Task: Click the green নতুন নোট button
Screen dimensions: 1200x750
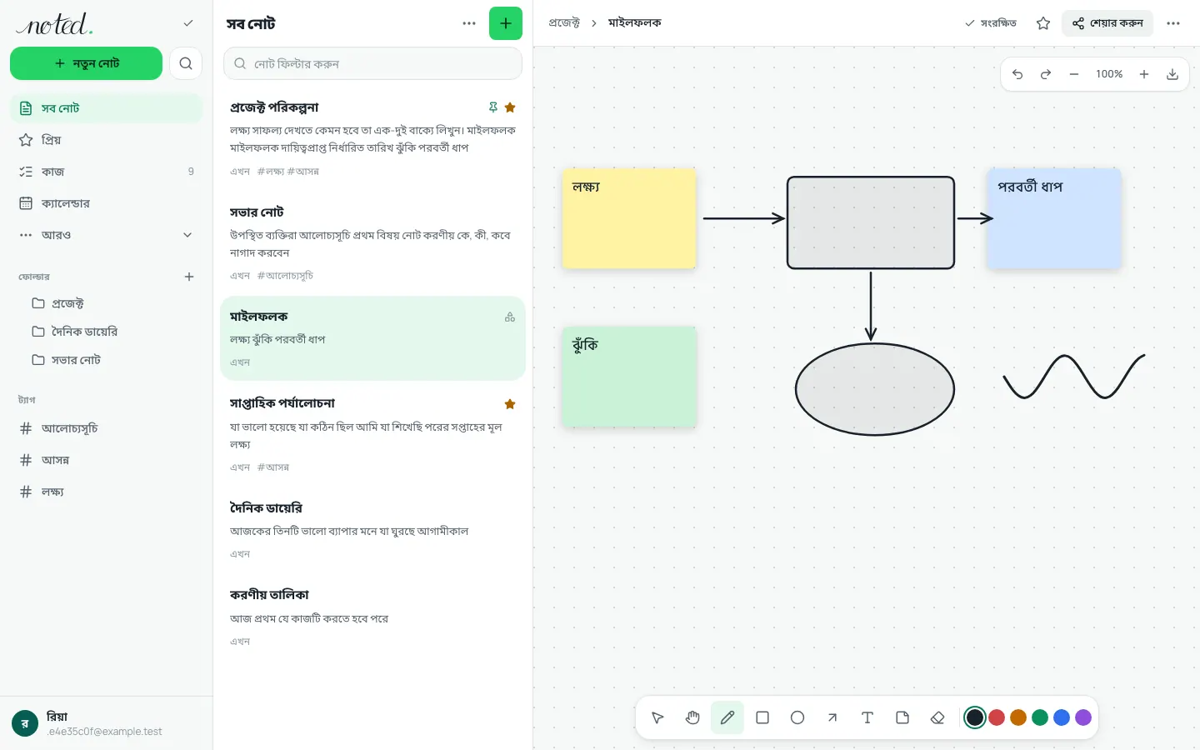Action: tap(86, 63)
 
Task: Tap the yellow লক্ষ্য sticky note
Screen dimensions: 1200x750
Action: tap(629, 218)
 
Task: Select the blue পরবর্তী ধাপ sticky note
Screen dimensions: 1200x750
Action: tap(1053, 218)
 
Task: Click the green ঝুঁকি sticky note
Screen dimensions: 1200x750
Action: tap(629, 377)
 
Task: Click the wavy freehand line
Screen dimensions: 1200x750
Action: tap(1073, 376)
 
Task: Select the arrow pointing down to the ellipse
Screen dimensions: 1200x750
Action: tap(871, 306)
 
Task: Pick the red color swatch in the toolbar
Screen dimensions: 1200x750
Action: tap(997, 717)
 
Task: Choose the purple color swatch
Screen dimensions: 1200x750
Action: tap(1083, 717)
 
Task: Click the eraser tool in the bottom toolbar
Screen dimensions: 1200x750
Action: tap(937, 717)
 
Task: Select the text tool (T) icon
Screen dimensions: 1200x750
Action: tap(867, 717)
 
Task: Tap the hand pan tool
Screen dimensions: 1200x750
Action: tap(692, 717)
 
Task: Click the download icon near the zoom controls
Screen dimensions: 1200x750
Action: tap(1172, 74)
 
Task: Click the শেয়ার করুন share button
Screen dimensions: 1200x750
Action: tap(1107, 23)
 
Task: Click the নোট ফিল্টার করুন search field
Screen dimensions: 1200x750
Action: tap(372, 63)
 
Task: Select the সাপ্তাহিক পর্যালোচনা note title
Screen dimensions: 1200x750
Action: tap(282, 402)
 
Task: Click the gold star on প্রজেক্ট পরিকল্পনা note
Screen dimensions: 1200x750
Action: tap(509, 107)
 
